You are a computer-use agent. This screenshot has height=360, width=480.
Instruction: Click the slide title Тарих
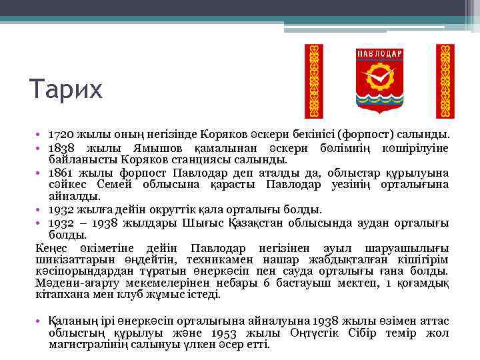pyautogui.click(x=66, y=88)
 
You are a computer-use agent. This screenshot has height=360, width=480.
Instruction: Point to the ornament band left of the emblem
pyautogui.click(x=313, y=81)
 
